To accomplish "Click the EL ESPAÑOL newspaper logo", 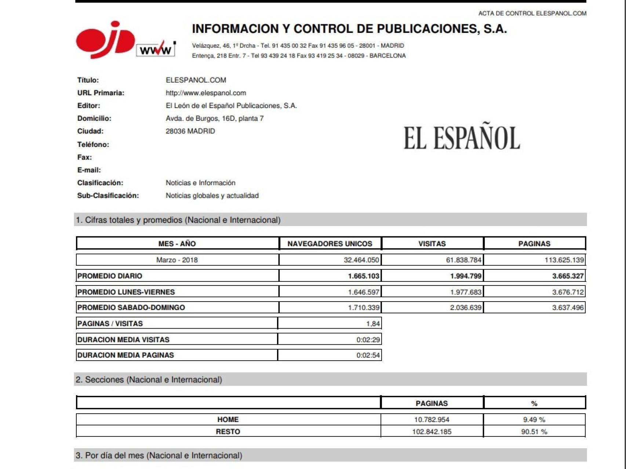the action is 462,138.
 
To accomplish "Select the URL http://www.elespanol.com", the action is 206,93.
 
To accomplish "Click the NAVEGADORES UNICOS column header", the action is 330,244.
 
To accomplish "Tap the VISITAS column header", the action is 432,244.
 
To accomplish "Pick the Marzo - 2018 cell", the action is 177,260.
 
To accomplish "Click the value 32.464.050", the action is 361,260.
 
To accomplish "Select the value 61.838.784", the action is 463,260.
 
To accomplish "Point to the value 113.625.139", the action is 564,260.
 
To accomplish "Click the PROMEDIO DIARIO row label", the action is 110,276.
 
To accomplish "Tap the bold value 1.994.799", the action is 466,276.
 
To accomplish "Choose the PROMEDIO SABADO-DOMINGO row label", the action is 131,308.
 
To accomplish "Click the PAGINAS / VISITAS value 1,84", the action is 373,324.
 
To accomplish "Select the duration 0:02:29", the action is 368,340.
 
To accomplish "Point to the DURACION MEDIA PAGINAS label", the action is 125,355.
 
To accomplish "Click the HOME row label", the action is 228,420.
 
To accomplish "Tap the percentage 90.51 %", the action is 534,432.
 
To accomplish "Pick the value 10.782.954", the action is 432,420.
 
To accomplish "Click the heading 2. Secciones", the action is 149,380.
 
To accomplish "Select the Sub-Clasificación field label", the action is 108,196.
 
